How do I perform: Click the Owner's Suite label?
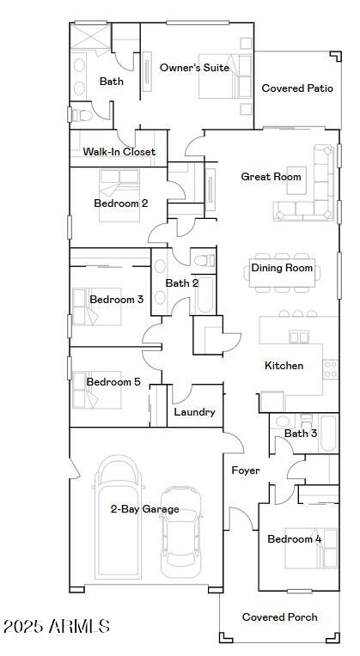(194, 68)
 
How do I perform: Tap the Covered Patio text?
(297, 88)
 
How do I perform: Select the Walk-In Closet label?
(119, 152)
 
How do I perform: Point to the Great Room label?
(271, 177)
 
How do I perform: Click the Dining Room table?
(282, 269)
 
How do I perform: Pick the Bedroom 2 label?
(121, 203)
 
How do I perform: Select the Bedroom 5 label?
(113, 382)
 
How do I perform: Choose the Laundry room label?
(194, 412)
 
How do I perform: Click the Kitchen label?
(284, 366)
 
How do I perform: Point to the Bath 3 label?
(301, 434)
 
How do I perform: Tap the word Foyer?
(246, 471)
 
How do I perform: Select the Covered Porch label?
(279, 617)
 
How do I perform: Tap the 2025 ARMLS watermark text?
(57, 627)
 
